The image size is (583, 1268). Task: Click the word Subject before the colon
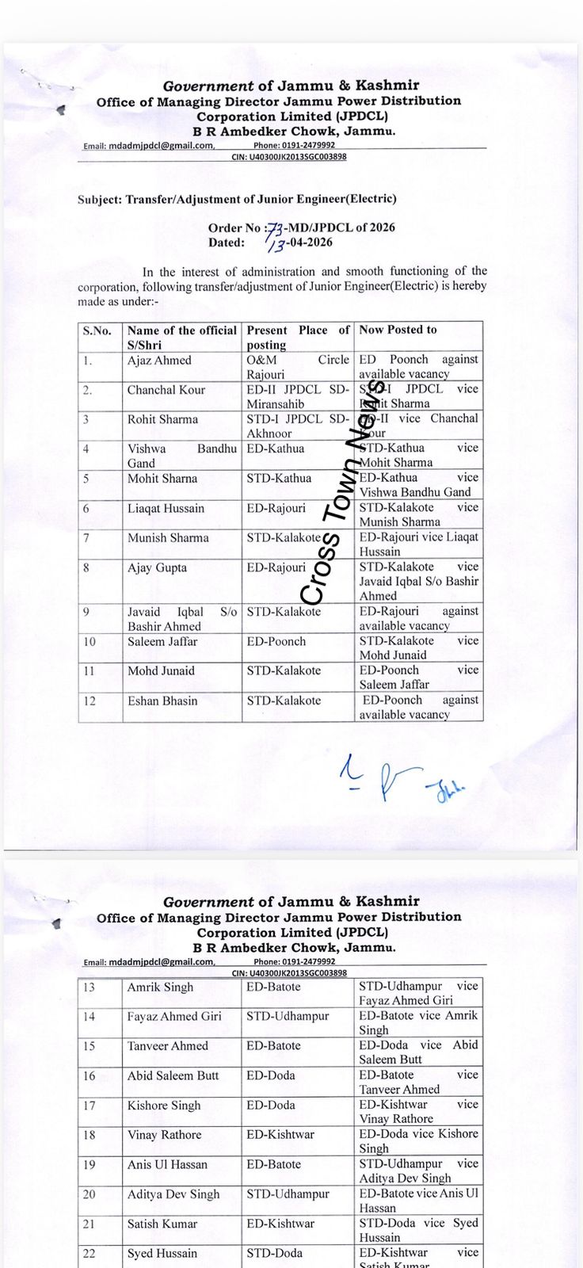click(x=98, y=200)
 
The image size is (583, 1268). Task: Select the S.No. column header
click(x=97, y=330)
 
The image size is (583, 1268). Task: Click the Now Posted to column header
click(x=398, y=330)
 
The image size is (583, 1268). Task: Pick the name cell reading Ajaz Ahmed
click(x=159, y=361)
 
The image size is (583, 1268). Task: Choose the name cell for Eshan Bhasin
click(x=162, y=701)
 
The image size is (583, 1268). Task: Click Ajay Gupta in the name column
click(x=158, y=567)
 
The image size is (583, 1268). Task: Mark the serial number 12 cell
click(x=89, y=701)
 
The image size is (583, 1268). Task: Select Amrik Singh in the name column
click(x=160, y=987)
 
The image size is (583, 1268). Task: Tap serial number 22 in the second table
click(x=89, y=1254)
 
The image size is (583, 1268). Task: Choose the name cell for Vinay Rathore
click(x=165, y=1135)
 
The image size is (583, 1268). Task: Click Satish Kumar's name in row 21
click(x=162, y=1224)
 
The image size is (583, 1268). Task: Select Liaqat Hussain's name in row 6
click(x=166, y=509)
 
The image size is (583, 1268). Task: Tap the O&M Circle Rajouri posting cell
click(x=298, y=367)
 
